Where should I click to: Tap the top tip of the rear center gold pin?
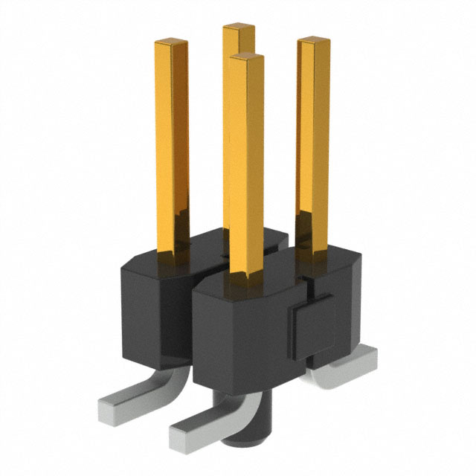click(x=239, y=28)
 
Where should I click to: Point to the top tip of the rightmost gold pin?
click(x=315, y=42)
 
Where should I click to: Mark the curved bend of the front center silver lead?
click(x=238, y=405)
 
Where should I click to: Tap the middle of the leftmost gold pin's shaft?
click(x=172, y=149)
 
